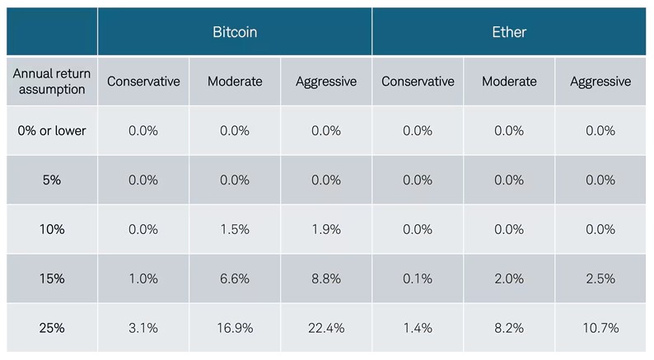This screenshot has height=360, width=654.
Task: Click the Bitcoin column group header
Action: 234,32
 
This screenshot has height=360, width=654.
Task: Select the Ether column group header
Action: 509,32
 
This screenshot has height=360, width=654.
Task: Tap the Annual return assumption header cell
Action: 51,81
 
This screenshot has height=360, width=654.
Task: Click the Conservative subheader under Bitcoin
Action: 143,81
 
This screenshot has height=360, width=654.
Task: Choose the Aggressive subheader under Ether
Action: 600,81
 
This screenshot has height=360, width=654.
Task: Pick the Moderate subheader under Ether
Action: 509,81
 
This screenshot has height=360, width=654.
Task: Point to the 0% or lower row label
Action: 51,130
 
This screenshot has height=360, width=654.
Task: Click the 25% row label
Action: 51,328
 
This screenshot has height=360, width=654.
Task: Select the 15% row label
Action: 51,278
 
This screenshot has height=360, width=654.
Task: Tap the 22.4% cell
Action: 326,328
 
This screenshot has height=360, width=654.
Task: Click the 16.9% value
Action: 235,328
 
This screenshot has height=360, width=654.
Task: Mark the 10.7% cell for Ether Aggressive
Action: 600,328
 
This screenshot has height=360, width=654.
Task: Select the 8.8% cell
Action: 326,278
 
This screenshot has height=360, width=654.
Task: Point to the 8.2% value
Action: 509,328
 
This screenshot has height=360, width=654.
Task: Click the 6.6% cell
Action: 235,278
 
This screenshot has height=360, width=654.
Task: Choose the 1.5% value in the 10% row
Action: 235,229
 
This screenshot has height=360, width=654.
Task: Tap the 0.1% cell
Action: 418,278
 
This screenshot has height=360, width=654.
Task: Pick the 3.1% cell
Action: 143,328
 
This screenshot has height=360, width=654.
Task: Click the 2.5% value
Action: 600,278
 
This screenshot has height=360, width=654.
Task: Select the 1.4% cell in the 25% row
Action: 418,328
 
